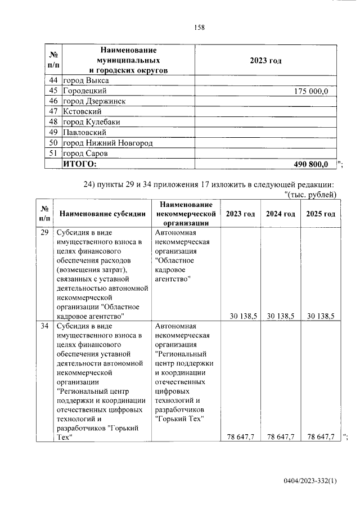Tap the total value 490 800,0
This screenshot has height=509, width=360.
point(310,164)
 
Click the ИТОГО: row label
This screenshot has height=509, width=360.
point(80,164)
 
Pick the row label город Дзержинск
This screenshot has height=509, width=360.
point(94,101)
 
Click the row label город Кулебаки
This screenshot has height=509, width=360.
point(92,122)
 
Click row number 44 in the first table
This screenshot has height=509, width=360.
point(53,80)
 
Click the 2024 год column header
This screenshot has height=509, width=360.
point(281,214)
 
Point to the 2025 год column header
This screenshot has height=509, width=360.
point(321,214)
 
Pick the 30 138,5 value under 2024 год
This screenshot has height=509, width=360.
point(281,317)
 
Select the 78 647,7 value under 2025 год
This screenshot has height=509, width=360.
point(321,436)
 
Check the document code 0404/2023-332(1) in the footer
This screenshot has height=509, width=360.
point(310,481)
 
